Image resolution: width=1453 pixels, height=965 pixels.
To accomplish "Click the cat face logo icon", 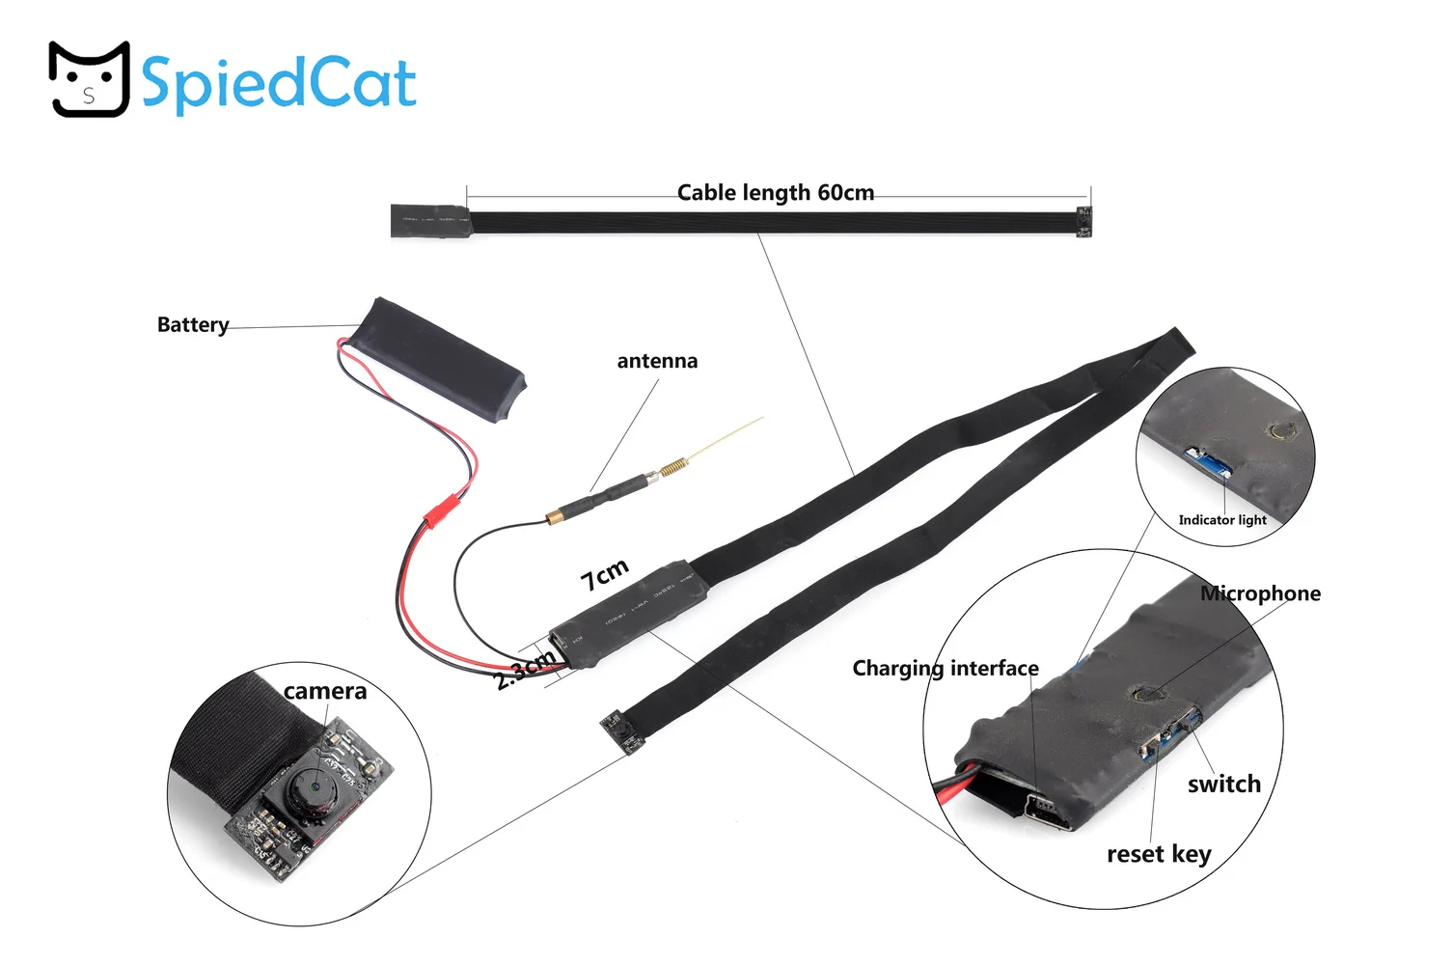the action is coord(90,79).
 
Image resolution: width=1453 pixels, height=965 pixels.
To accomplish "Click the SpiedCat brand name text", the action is coord(278,84).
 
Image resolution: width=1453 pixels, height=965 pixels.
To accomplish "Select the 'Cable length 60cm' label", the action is coord(775,193).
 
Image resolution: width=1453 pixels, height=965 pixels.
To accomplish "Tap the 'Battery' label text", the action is coord(193,324).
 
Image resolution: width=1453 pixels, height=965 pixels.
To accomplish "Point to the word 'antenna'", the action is coord(657,361).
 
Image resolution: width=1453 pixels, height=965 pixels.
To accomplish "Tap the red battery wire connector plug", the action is coord(441,510).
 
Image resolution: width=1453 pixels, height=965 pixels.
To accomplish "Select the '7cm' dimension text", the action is coord(604,574).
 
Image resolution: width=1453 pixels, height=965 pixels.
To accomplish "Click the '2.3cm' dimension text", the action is coord(525,669).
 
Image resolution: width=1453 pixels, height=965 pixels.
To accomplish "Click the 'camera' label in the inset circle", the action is coord(325,692).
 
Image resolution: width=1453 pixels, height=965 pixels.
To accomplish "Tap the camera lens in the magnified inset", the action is coord(314,787).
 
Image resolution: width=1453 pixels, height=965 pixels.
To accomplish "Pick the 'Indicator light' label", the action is coord(1222,520).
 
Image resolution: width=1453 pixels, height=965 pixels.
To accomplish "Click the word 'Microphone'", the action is coord(1260,593).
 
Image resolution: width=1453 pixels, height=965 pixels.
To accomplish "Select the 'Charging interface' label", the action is coord(946,669).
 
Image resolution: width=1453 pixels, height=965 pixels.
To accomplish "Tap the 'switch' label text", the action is coord(1224,784).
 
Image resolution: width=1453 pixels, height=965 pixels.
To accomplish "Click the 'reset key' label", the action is coord(1159,855).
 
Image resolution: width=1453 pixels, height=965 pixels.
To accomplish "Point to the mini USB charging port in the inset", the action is coord(1046,812).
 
